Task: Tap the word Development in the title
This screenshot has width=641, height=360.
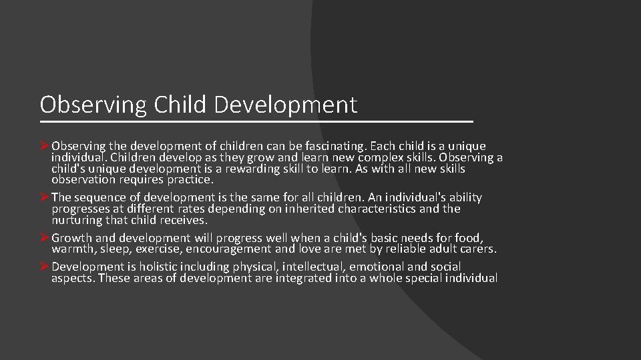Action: pos(286,105)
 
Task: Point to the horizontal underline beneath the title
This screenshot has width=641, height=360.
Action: pos(256,122)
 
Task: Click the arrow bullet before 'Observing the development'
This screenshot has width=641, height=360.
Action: pos(45,146)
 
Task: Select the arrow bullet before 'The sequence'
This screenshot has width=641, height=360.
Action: pos(45,197)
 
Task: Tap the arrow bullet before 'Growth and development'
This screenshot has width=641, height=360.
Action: pos(45,238)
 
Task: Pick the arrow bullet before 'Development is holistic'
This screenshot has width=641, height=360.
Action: pos(45,267)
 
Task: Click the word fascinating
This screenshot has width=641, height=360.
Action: pos(328,146)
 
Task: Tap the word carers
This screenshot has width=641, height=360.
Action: pos(479,249)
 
